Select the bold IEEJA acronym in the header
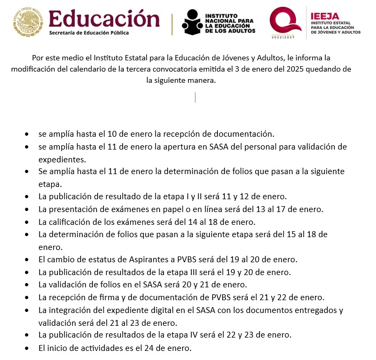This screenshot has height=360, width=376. tap(325, 16)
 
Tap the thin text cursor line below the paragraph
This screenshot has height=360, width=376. tap(195, 97)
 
